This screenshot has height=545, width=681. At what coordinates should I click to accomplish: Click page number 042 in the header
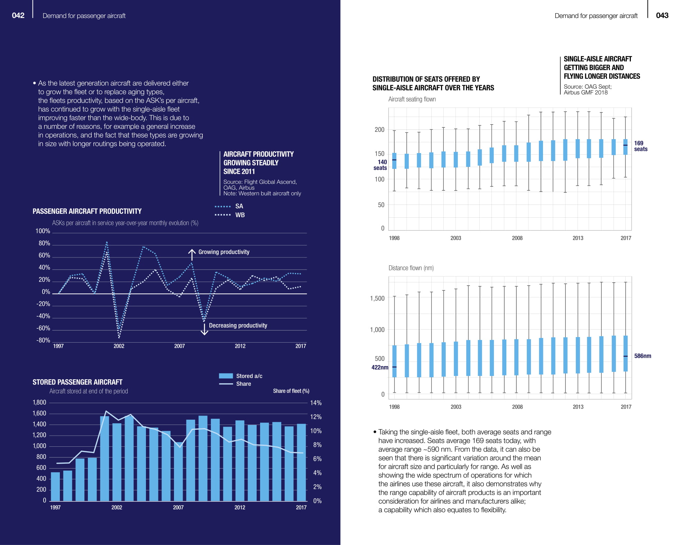[18, 16]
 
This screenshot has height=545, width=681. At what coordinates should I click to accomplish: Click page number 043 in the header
[662, 16]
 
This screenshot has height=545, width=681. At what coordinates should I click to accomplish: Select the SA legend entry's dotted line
[222, 207]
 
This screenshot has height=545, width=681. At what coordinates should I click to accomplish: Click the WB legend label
[240, 215]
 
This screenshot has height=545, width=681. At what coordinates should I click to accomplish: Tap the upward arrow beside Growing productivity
[192, 254]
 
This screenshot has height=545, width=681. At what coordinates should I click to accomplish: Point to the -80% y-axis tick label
[43, 340]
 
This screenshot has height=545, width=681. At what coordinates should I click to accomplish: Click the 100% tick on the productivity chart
[43, 231]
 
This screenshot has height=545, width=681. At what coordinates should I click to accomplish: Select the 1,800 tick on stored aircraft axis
[39, 402]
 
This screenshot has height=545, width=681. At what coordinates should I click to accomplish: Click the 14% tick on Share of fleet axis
[316, 403]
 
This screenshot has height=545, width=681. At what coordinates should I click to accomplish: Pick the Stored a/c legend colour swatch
[226, 376]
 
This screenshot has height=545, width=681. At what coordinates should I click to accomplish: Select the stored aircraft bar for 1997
[55, 486]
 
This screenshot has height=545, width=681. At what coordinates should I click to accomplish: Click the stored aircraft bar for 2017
[301, 462]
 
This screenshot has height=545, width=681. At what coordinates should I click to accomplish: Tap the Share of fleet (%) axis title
[291, 391]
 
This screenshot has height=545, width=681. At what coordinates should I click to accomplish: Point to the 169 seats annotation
[640, 146]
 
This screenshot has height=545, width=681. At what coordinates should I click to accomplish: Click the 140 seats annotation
[380, 165]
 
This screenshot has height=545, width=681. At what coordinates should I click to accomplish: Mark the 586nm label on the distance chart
[642, 356]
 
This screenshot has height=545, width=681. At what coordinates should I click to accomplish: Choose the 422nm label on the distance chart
[380, 367]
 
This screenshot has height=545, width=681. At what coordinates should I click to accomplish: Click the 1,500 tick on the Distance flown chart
[377, 298]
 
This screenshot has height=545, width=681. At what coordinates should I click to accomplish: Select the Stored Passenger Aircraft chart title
[77, 382]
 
